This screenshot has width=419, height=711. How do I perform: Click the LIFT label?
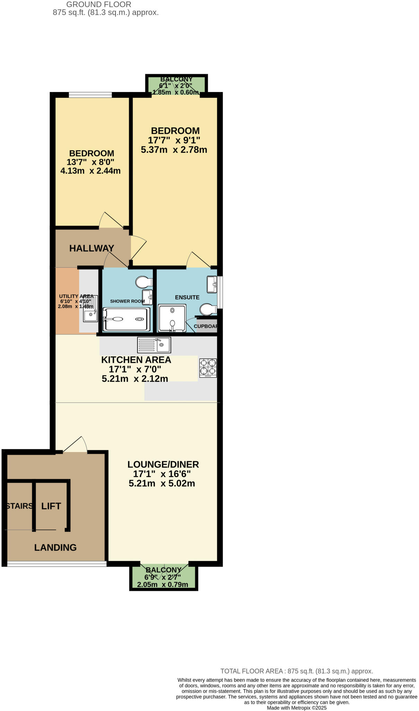pyautogui.click(x=51, y=506)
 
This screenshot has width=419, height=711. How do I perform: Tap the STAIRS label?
pyautogui.click(x=19, y=506)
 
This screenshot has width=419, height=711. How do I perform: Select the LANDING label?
pyautogui.click(x=55, y=547)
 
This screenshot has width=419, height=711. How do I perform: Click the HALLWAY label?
pyautogui.click(x=92, y=248)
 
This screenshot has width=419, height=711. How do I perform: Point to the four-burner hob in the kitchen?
pyautogui.click(x=208, y=368)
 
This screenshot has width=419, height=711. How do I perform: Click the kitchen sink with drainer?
pyautogui.click(x=154, y=345)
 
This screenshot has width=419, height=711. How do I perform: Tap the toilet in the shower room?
pyautogui.click(x=144, y=282)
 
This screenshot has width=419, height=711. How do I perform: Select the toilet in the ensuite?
pyautogui.click(x=208, y=309)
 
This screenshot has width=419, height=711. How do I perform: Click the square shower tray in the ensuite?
pyautogui.click(x=172, y=318)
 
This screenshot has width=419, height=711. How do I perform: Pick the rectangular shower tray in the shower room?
pyautogui.click(x=127, y=319)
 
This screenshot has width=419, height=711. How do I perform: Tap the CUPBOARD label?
pyautogui.click(x=206, y=326)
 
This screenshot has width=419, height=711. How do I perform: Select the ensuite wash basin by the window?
pyautogui.click(x=212, y=284)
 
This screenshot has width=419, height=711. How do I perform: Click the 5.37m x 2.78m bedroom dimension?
pyautogui.click(x=174, y=150)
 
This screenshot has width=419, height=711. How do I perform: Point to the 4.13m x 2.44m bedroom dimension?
pyautogui.click(x=90, y=170)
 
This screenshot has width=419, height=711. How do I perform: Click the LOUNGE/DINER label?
pyautogui.click(x=163, y=464)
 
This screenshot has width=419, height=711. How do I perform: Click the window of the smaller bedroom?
pyautogui.click(x=90, y=94)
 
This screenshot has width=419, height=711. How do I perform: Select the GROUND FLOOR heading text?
pyautogui.click(x=99, y=5)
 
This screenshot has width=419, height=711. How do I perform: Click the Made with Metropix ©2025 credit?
pyautogui.click(x=297, y=708)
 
